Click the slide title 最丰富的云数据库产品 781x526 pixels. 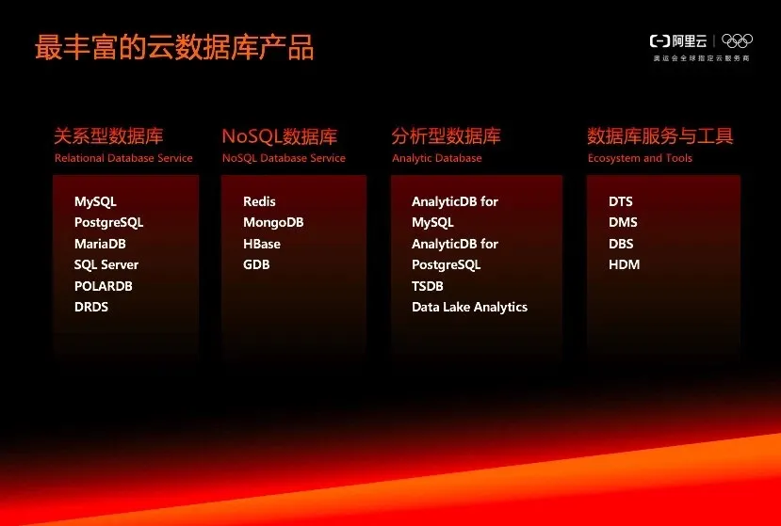click(174, 48)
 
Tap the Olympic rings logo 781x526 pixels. click(737, 40)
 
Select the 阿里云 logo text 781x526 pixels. click(690, 40)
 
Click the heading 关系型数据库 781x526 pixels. click(108, 135)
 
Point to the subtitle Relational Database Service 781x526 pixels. click(123, 158)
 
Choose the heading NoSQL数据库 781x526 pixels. click(280, 136)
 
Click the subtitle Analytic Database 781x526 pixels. click(437, 158)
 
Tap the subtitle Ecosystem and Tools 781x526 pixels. click(640, 158)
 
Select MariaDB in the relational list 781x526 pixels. click(100, 244)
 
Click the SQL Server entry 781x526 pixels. click(106, 264)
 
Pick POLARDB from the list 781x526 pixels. click(103, 286)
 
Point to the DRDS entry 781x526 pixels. click(91, 307)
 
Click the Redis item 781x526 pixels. click(259, 201)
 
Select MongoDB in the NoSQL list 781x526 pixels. click(273, 222)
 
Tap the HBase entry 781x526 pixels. click(262, 244)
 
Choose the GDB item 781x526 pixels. click(256, 264)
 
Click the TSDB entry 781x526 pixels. click(428, 286)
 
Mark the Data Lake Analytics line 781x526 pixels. click(470, 307)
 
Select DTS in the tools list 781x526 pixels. click(621, 201)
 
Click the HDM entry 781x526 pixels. click(624, 264)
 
